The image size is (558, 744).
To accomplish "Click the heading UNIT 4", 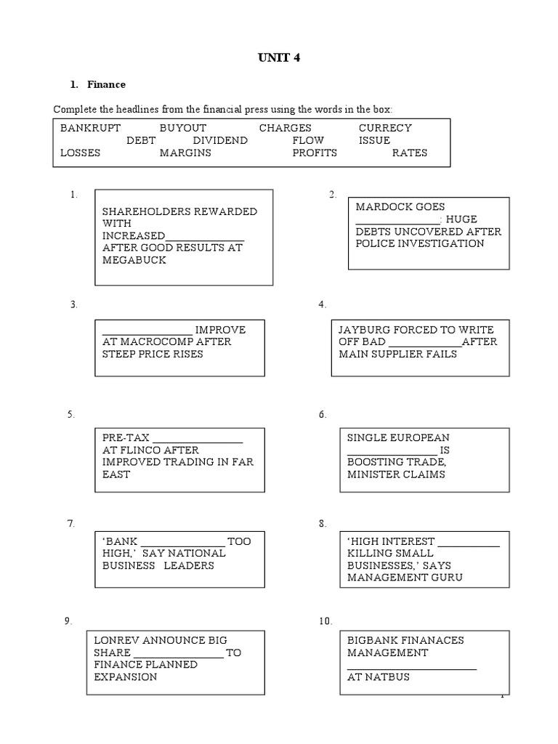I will click(x=278, y=59).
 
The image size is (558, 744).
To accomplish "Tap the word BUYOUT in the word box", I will click(x=183, y=128).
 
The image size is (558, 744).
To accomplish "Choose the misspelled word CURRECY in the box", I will click(x=385, y=128).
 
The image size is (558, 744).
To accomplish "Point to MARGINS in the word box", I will click(x=185, y=153).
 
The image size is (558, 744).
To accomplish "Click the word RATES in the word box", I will click(x=410, y=153).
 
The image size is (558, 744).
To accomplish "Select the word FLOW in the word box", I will click(x=308, y=140).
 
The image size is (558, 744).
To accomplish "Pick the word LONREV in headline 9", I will click(x=118, y=640).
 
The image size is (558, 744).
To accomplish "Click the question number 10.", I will click(x=325, y=621).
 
